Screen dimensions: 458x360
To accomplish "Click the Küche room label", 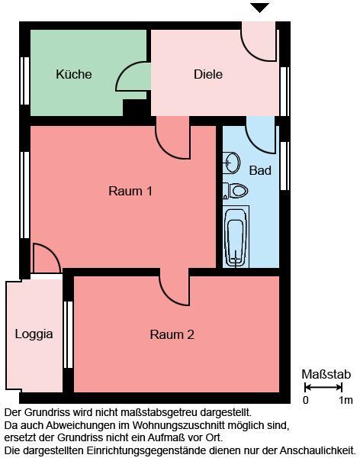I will click(74, 74).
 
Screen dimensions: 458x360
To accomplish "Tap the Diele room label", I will click(208, 74).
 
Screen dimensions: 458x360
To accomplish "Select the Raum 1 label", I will click(130, 191).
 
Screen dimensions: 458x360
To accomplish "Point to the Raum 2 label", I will click(172, 334).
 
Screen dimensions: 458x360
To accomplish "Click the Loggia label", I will click(34, 334).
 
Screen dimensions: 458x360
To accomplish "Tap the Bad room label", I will click(260, 170).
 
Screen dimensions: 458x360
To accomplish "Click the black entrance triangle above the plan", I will click(261, 8).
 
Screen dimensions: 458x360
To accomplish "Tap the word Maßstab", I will click(326, 374).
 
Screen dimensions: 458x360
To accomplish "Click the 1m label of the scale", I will click(346, 400).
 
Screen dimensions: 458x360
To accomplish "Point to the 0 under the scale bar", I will click(306, 400).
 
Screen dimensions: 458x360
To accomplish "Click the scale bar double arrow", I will click(324, 388).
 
